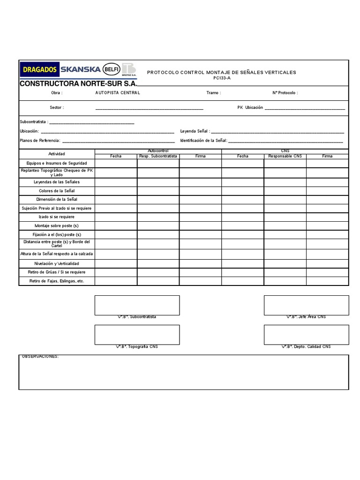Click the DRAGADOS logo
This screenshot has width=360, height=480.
pos(39,70)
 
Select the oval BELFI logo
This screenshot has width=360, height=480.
pos(112,69)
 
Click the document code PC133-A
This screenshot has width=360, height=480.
pos(222,78)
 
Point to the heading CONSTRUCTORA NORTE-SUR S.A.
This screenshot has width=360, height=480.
pos(78,83)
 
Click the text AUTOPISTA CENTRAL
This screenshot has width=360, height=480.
pos(118,93)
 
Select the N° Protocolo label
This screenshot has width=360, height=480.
pos(285,93)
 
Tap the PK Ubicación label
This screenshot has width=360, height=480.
pos(250,107)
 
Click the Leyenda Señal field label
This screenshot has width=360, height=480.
pos(195,132)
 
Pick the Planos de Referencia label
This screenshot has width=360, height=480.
pos(40,141)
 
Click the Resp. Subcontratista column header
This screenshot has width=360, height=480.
pos(158,156)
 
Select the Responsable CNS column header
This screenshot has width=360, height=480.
pos(285,156)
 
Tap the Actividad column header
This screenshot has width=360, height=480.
pos(57,154)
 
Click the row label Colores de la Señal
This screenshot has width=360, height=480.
pos(57,191)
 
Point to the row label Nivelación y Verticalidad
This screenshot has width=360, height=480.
pos(57,263)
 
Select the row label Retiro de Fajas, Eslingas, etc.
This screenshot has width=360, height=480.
pos(57,281)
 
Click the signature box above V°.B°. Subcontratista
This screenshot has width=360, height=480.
pos(137,305)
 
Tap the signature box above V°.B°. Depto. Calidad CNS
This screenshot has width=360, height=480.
pos(306,335)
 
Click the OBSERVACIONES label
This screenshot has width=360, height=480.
pos(41,357)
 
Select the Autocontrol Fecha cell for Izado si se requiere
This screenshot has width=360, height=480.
pos(116,217)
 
